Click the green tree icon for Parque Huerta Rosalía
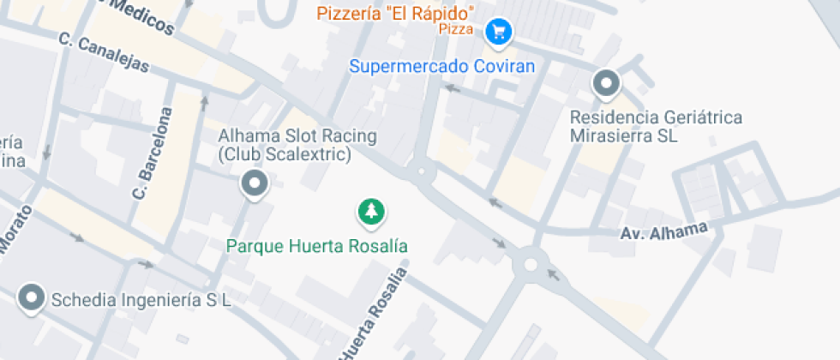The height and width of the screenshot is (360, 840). point(371,211)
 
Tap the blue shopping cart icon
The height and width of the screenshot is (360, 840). point(498,33)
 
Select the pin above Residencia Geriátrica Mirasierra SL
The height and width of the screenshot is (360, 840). point(607,84)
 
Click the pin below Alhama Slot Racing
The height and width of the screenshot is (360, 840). point(254,183)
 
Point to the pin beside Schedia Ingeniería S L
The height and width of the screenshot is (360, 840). point(33,297)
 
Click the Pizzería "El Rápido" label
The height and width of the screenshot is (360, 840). point(396,14)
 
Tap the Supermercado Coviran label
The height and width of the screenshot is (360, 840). point(442,66)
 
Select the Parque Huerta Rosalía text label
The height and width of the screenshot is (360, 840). point(316,246)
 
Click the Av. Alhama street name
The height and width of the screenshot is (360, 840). point(664,231)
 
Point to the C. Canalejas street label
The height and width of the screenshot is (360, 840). point(104,52)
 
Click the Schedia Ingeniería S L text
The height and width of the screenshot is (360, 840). point(141,300)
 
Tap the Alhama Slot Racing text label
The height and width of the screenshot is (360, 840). point(285,146)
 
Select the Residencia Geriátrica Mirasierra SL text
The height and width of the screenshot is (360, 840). point(657,126)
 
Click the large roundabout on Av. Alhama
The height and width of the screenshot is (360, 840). point(531,265)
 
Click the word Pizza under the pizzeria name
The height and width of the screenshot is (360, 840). point(456,29)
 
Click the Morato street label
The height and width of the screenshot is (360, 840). point(15,231)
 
